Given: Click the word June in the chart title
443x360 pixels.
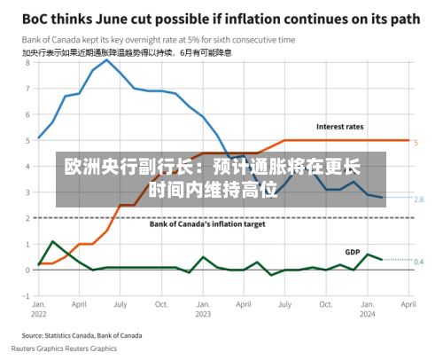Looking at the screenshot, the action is click(112, 20).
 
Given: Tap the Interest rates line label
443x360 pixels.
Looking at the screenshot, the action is click(340, 127).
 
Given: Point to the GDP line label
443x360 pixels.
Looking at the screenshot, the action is click(353, 252).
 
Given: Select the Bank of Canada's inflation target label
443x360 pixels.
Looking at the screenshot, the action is click(207, 224).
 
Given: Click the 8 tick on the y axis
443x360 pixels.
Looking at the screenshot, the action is click(28, 63).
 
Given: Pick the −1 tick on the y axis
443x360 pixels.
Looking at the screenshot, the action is click(27, 296).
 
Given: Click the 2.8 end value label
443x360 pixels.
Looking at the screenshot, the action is click(419, 200).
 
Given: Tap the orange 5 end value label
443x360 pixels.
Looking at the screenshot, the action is click(416, 143).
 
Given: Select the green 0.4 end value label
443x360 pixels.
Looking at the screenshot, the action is click(419, 262).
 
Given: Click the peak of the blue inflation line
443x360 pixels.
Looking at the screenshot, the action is click(107, 59).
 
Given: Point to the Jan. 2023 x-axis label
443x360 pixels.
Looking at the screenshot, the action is click(203, 309).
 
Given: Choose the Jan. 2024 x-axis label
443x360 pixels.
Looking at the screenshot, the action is click(368, 309).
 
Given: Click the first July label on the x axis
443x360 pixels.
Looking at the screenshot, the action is click(120, 304).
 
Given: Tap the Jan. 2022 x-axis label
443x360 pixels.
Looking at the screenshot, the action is click(39, 309).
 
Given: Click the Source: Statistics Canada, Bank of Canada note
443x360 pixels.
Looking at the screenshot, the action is click(82, 336).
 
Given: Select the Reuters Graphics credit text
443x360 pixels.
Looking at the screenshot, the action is click(64, 348).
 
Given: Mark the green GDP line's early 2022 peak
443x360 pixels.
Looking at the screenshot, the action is click(52, 241).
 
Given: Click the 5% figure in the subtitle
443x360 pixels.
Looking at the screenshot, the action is click(194, 40).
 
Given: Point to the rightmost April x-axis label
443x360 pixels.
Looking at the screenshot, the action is click(408, 304).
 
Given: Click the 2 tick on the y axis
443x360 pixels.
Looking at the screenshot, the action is click(28, 218).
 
